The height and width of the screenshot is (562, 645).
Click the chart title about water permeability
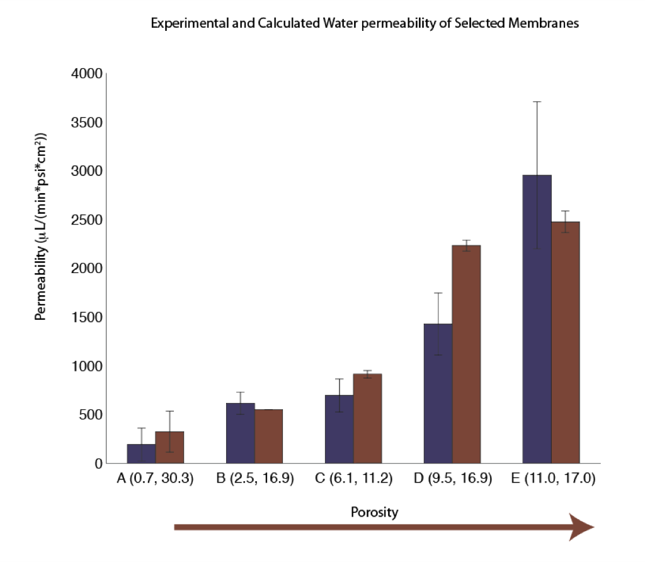365,23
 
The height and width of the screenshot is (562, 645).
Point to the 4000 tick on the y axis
87,74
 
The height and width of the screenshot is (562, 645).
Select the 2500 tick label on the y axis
87,220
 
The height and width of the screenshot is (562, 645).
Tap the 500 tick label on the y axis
91,414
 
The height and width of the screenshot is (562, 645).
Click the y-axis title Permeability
41,226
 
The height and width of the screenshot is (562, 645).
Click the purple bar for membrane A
141,454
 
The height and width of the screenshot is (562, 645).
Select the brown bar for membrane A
169,447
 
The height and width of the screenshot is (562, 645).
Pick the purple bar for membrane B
240,433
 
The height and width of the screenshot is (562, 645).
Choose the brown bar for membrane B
268,436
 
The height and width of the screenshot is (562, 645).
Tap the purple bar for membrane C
340,430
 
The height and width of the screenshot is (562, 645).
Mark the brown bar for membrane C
368,419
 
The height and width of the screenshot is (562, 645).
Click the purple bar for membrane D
438,394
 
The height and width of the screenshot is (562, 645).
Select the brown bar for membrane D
467,354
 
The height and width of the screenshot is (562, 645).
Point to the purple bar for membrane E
537,319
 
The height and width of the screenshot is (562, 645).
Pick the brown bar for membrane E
566,342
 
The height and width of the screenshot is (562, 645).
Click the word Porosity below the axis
374,512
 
